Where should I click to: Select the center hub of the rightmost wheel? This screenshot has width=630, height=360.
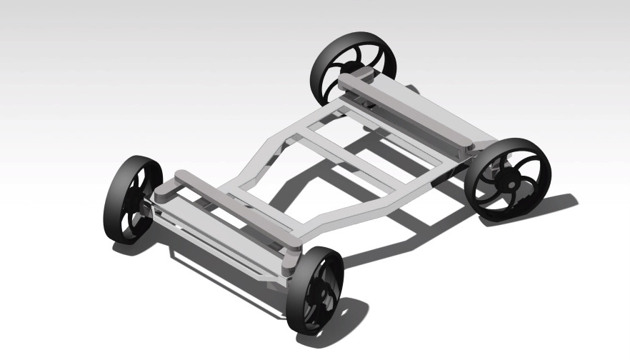pyautogui.click(x=511, y=183)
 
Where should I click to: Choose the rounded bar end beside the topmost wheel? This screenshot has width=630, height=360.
pyautogui.click(x=347, y=83)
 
